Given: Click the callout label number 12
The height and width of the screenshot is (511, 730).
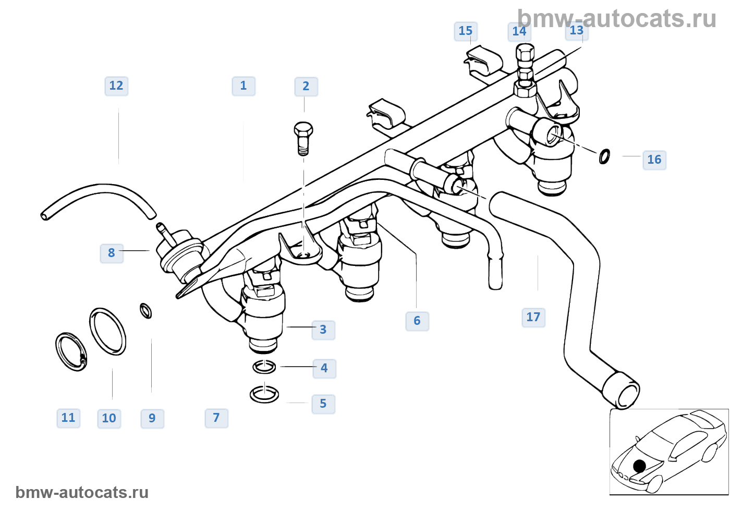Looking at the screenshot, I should [116, 86].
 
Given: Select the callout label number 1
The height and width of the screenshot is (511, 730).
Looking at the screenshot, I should [244, 86].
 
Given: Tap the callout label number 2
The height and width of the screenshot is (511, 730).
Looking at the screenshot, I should [306, 87].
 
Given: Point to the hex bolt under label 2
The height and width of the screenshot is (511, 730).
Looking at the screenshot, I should [303, 139].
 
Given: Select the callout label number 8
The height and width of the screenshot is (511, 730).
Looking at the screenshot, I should [112, 253].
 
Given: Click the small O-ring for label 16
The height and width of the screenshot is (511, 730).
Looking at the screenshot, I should [604, 156].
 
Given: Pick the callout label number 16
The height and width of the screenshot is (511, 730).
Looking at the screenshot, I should [654, 160].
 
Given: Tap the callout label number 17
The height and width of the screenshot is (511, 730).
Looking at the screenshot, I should [533, 318].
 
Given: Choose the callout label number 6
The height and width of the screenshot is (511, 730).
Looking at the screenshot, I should [417, 321].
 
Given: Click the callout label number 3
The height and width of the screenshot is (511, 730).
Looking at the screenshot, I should [323, 330].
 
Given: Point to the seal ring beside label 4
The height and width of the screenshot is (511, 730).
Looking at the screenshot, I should [264, 367].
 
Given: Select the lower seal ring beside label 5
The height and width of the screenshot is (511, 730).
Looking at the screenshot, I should [264, 394].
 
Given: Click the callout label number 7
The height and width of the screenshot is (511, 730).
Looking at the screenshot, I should [216, 418].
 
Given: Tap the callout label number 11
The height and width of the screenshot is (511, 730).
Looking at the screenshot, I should [68, 418].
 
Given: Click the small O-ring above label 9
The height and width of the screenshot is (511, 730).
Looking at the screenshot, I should [146, 311].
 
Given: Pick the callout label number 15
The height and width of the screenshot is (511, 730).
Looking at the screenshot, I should [466, 31].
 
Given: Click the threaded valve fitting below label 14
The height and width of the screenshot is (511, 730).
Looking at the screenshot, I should [525, 70].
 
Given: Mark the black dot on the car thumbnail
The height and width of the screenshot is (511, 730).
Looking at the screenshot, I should [639, 466].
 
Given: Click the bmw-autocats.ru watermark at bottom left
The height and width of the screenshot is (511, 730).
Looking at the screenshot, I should [82, 492].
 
